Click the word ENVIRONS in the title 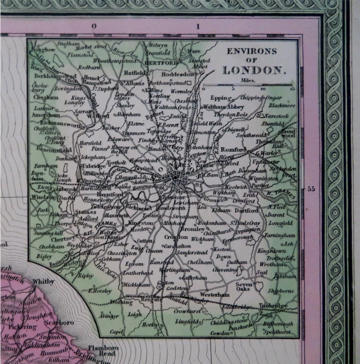pyautogui.click(x=252, y=51)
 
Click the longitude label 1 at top pyautogui.click(x=198, y=27)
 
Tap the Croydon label pyautogui.click(x=176, y=237)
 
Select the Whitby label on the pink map pyautogui.click(x=44, y=282)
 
